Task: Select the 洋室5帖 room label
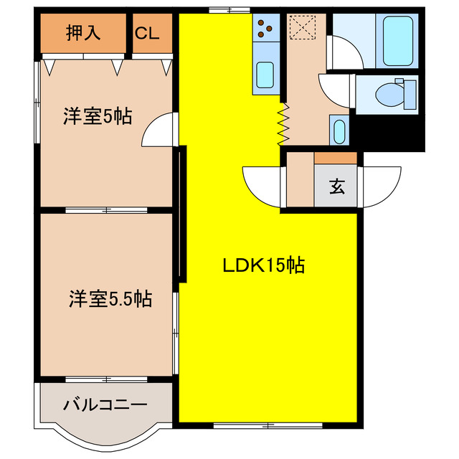tap(97, 117)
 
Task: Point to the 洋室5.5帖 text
tap(110, 299)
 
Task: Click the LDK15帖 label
tap(262, 266)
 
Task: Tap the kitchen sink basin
tap(265, 74)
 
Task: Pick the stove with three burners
tap(266, 28)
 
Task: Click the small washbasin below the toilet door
tap(339, 131)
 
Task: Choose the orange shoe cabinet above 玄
tap(336, 157)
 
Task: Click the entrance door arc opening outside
tap(382, 185)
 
